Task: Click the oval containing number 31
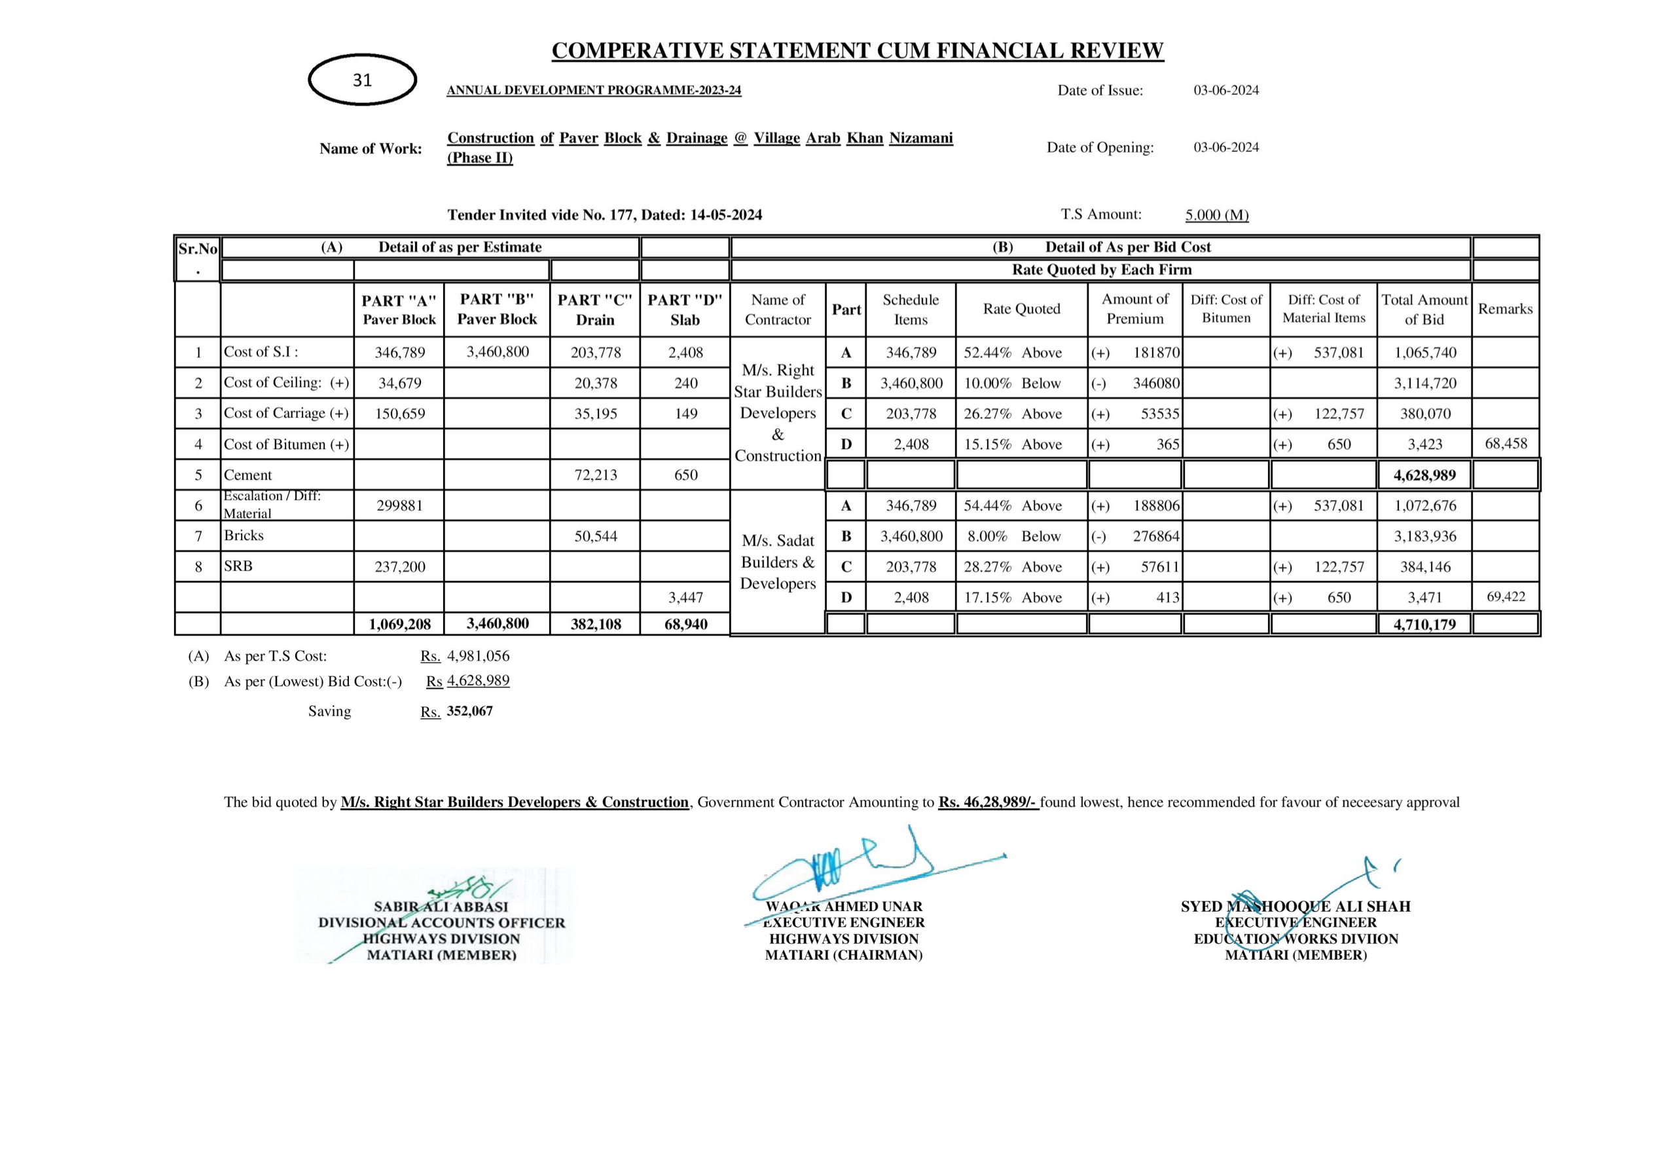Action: (362, 80)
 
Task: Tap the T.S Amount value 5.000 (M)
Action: (1217, 215)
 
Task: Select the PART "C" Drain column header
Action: (594, 310)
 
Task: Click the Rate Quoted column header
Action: (1022, 309)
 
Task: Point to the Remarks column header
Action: (1506, 309)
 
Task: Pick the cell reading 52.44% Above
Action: (1012, 353)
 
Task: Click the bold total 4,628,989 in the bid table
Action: (1424, 475)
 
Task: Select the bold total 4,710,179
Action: (1424, 624)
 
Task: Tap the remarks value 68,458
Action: (1506, 443)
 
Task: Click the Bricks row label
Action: (244, 535)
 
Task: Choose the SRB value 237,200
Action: (399, 567)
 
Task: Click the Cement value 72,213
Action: (595, 475)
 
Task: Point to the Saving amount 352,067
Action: (469, 711)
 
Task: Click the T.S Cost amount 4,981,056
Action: (478, 656)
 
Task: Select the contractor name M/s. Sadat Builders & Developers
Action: (778, 562)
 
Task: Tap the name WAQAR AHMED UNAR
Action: (844, 907)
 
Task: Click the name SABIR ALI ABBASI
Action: (441, 907)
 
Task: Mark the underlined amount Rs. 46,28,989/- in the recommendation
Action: (988, 802)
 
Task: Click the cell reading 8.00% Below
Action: (1011, 536)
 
